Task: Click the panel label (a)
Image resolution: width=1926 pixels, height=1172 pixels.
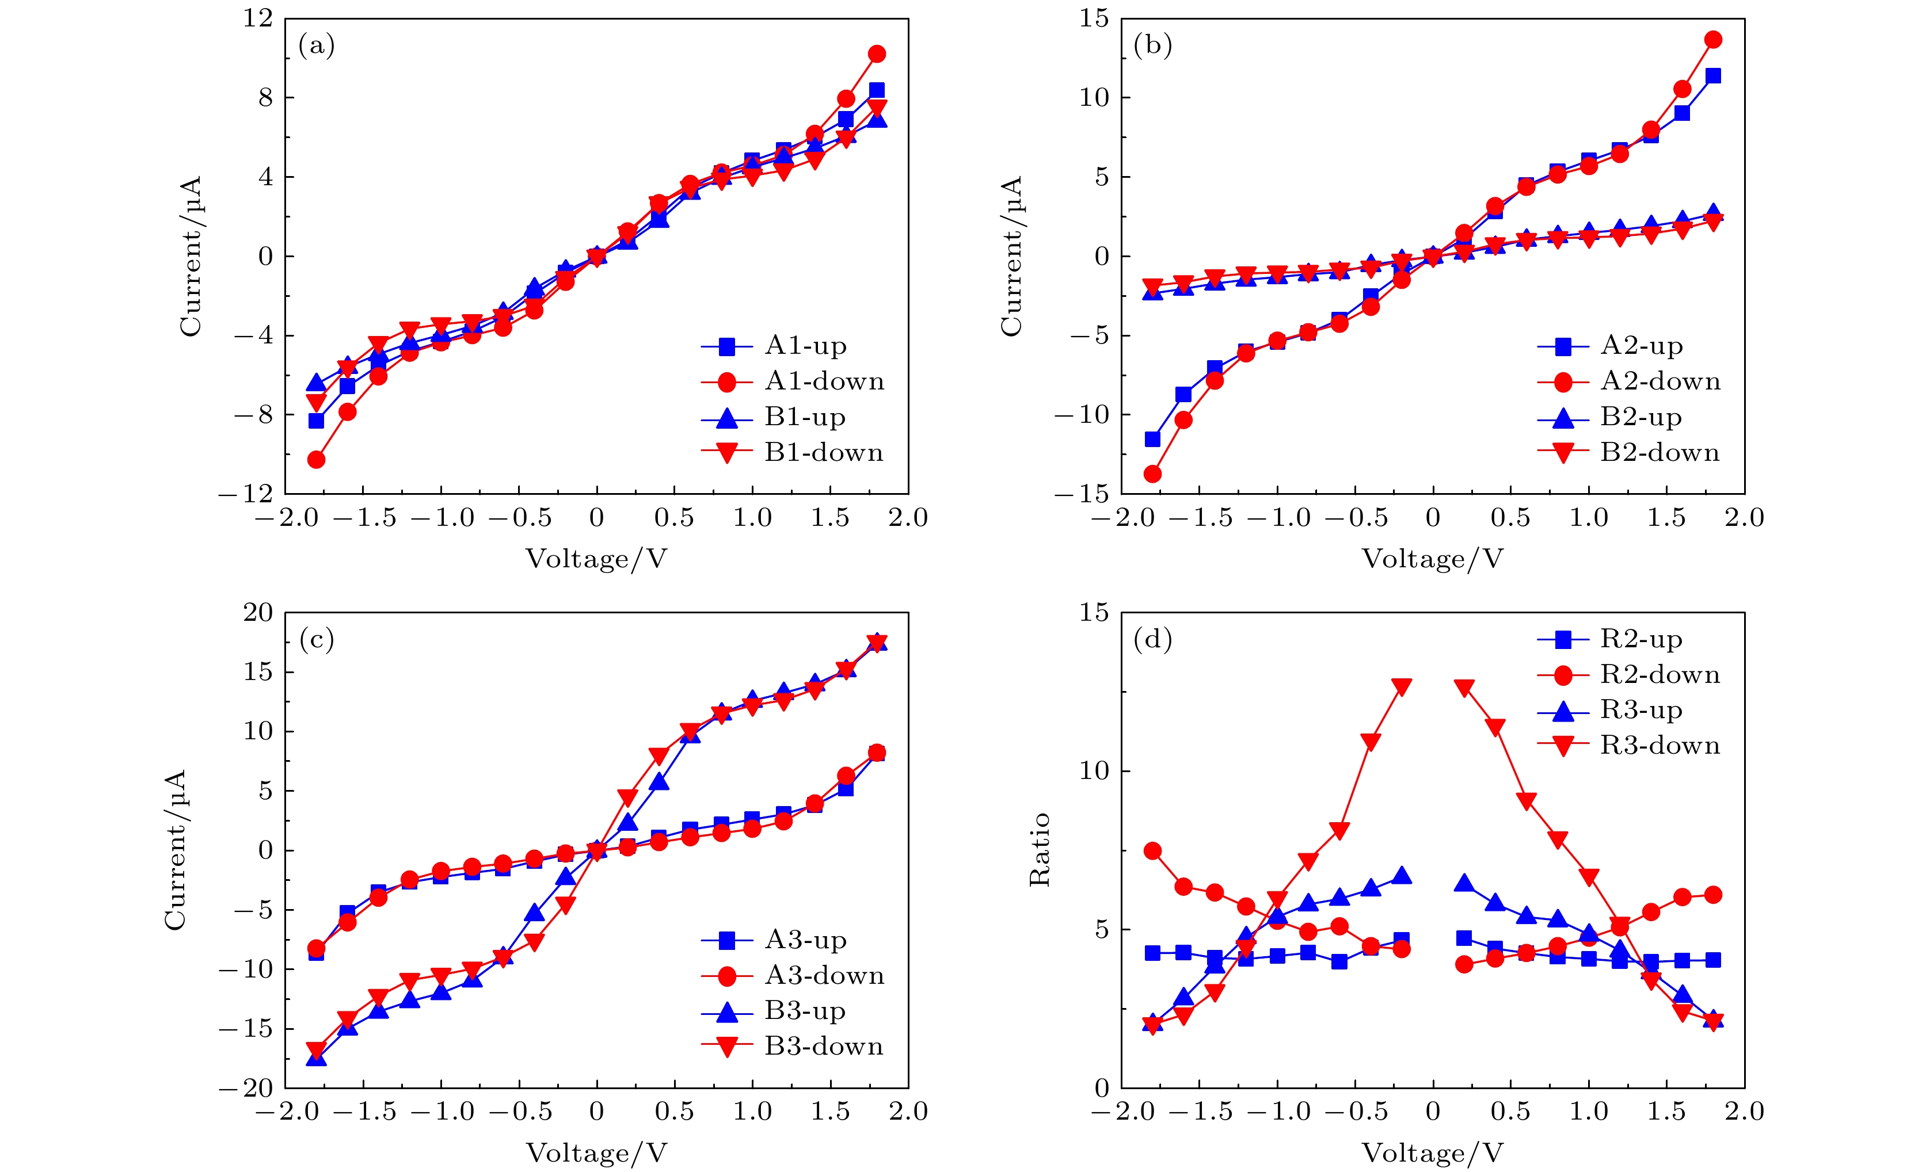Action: click(317, 45)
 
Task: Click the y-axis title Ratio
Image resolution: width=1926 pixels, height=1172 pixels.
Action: click(1040, 850)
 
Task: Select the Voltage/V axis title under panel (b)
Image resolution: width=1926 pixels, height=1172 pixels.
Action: click(1432, 559)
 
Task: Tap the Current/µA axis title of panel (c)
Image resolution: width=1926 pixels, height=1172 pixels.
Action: click(175, 850)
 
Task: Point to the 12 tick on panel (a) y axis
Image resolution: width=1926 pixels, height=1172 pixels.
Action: click(258, 18)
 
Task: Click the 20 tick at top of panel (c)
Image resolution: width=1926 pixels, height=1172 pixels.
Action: click(258, 613)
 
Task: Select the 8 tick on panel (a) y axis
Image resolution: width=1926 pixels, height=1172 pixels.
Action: click(266, 98)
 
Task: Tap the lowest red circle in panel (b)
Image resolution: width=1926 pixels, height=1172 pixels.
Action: click(1152, 474)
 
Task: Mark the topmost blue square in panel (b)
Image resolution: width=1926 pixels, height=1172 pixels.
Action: click(1712, 76)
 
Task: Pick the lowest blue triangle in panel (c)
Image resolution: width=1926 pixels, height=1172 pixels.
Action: click(317, 1058)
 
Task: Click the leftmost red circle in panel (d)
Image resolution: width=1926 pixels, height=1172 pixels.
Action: click(1152, 851)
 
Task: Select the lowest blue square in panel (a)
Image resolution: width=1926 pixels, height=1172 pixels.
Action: click(317, 421)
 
